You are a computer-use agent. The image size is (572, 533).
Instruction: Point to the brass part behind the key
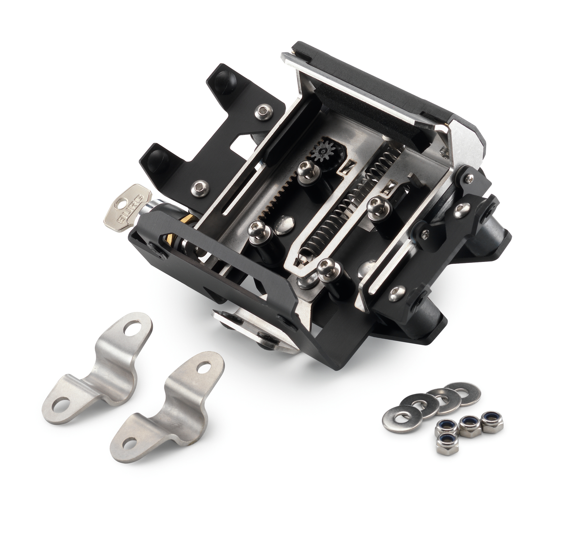click(187, 221)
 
